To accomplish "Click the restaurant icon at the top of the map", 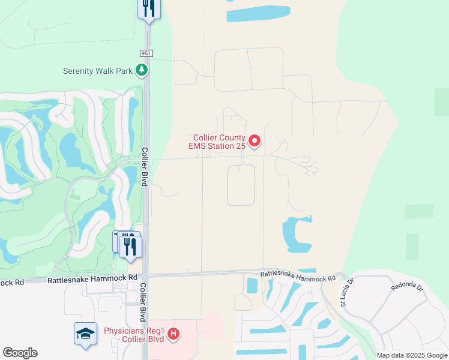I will (149, 9).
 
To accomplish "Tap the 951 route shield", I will (146, 53).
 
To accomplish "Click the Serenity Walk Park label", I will (97, 71).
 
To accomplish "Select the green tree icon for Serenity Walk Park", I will (142, 71).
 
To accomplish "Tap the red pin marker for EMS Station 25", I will (255, 142).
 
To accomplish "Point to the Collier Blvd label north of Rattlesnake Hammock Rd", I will (145, 166).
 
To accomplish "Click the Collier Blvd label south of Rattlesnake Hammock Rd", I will (143, 302).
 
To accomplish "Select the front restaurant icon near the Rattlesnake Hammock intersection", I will (130, 246).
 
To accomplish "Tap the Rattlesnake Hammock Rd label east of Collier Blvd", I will (298, 277).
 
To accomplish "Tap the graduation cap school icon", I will (85, 333).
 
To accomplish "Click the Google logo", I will (20, 353).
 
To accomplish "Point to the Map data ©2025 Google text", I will (412, 355).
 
